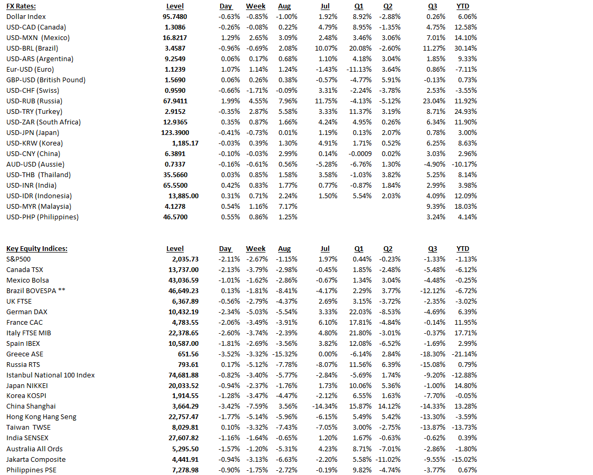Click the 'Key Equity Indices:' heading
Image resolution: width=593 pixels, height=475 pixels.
pos(37,249)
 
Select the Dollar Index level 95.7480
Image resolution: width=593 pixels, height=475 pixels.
pos(175,17)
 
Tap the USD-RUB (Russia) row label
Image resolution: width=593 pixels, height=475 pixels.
pos(34,101)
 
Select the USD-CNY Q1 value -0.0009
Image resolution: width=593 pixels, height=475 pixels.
pos(360,154)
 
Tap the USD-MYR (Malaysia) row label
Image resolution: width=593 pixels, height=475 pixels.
pos(39,207)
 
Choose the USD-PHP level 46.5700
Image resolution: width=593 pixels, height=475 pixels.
pos(175,217)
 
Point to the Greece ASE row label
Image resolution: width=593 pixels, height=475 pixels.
pos(25,354)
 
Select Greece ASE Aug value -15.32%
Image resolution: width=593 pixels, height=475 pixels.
pos(285,354)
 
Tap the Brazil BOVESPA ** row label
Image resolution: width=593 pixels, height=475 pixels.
pos(35,291)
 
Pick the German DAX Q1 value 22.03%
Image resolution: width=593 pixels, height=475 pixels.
pos(361,312)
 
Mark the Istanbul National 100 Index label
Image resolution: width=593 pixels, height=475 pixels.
pos(51,375)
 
